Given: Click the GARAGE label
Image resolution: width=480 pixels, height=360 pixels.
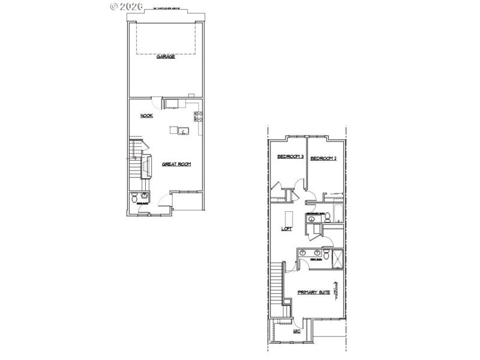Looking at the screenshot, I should pyautogui.click(x=166, y=56).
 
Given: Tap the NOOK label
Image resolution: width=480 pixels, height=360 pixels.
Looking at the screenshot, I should pyautogui.click(x=146, y=116).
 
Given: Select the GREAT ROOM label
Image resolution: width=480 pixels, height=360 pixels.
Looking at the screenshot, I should pyautogui.click(x=176, y=164).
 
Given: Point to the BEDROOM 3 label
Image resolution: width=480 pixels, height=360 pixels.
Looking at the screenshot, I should pyautogui.click(x=290, y=157).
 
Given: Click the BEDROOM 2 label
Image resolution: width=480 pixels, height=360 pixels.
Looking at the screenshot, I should pyautogui.click(x=323, y=158).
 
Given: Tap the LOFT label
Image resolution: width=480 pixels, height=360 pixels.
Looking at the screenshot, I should pyautogui.click(x=287, y=229).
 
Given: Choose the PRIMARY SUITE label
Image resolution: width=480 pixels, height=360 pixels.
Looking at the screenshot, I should pyautogui.click(x=314, y=292).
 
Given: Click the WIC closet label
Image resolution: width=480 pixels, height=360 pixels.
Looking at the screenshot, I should pyautogui.click(x=296, y=331).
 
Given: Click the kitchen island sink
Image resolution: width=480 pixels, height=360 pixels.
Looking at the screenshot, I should pyautogui.click(x=184, y=130).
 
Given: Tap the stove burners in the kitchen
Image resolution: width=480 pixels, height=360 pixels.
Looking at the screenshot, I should pyautogui.click(x=197, y=116).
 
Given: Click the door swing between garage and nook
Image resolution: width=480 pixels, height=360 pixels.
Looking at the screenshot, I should pyautogui.click(x=154, y=102).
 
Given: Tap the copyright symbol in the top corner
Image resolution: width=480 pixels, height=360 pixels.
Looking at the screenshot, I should pyautogui.click(x=115, y=6).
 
